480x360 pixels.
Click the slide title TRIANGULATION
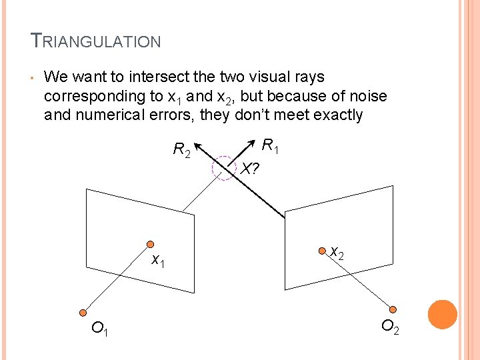tap(96, 41)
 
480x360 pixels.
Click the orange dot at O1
tap(83, 312)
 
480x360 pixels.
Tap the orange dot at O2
tap(393, 309)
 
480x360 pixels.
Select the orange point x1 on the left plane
tap(151, 244)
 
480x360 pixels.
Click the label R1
tap(270, 145)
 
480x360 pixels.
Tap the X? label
tap(249, 169)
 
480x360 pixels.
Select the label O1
tap(101, 328)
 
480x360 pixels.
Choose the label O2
tap(391, 327)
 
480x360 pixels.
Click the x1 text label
tap(158, 260)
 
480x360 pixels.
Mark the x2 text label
tap(337, 253)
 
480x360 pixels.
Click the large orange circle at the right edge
tap(442, 315)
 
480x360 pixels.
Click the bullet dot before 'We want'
tap(31, 79)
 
